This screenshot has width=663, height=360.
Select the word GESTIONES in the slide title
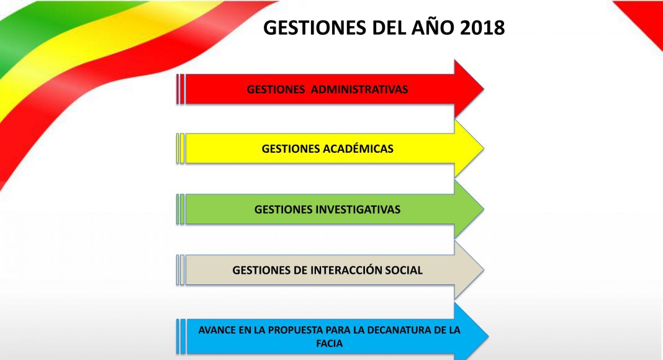tap(315, 28)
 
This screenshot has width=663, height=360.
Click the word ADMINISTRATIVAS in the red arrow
tap(359, 89)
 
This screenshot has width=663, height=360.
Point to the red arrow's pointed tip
tap(484, 89)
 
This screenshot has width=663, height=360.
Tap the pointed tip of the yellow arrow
tap(484, 148)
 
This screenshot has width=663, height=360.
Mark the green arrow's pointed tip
tap(484, 209)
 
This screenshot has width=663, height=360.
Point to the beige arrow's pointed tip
tap(484, 269)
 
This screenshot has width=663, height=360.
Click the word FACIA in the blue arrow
tap(330, 343)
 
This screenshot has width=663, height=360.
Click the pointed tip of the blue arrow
tap(489, 336)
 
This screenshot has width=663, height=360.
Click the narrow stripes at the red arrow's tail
tap(181, 89)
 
